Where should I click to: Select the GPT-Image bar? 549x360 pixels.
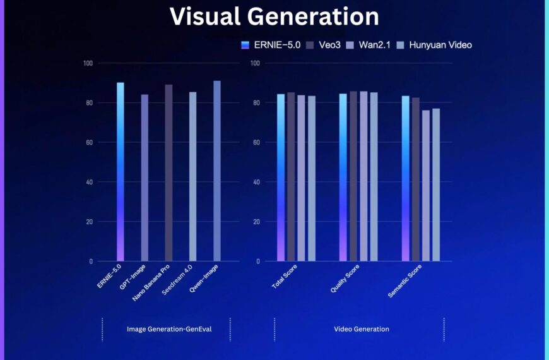click(145, 177)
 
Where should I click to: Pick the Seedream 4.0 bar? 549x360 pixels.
click(193, 176)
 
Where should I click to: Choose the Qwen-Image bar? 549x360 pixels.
click(217, 171)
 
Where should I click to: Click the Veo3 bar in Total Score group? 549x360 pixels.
click(291, 177)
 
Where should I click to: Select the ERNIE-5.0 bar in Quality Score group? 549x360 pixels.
click(343, 177)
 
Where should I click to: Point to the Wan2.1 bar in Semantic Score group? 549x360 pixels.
click(426, 186)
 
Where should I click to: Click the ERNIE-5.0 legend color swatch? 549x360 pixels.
click(245, 45)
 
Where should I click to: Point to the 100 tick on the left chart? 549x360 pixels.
click(87, 63)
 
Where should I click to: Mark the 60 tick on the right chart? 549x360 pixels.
click(256, 143)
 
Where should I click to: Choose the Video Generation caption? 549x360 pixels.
click(361, 329)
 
